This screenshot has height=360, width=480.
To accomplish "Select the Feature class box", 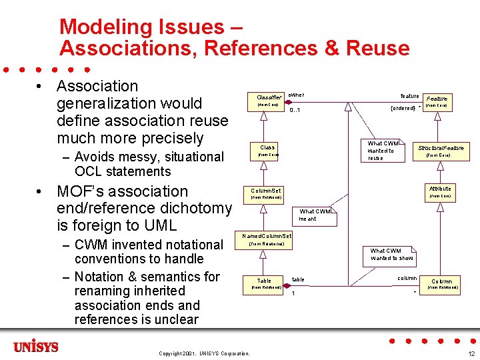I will pos(437,101).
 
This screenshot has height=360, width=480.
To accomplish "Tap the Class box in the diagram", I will pos(267,151).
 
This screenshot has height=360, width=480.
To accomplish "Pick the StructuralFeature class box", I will pos(440,151).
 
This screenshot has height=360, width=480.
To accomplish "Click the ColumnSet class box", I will pos(265,193).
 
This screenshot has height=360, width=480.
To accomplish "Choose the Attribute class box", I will pos(440,192).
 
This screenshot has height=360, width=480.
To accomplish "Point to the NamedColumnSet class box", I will pos(266,239).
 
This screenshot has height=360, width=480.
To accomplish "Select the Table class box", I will pos(265,284).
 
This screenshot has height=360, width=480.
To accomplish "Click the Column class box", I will pos(442,284).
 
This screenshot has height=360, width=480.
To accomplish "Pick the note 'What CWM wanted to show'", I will pos(391,255).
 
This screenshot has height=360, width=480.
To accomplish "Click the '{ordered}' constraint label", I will pos(402,108).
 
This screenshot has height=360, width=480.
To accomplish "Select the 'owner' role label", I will pos(296,95).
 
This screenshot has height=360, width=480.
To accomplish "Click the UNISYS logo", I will pos(36,347).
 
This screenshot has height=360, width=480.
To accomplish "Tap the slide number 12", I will pos(471,353).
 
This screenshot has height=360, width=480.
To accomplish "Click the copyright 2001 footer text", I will pos(204,353).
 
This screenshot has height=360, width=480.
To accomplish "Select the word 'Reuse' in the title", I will pos(377,48).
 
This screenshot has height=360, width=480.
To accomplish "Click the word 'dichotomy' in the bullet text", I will pos(191,209).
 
